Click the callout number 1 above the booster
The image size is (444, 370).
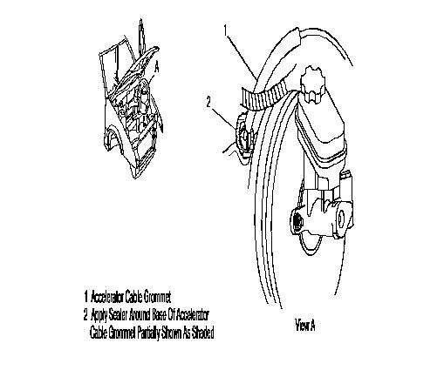pos(226,30)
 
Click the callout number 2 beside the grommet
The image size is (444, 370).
pos(208,102)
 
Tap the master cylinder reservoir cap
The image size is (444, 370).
pos(312,84)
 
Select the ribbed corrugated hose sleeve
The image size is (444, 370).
pos(265,97)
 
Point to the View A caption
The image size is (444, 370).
pos(305,325)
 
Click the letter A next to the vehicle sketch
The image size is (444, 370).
pos(157,67)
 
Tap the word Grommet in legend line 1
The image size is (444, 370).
pos(157,297)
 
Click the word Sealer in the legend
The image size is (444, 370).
pos(118,315)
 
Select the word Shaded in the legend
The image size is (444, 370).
pos(202,333)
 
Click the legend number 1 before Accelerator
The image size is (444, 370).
pos(86,297)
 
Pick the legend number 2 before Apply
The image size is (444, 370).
pos(85,315)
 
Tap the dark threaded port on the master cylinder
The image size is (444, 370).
pos(297,223)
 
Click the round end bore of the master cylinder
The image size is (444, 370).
pos(341,219)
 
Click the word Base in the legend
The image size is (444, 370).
pos(160,315)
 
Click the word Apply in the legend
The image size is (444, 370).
pos(99,315)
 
